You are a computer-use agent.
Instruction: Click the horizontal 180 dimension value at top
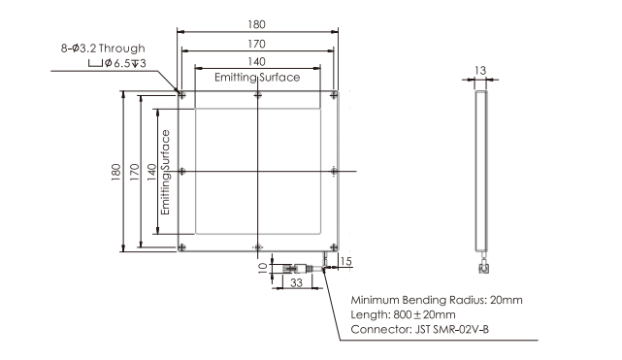pyautogui.click(x=256, y=24)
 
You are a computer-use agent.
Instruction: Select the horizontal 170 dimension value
pyautogui.click(x=256, y=44)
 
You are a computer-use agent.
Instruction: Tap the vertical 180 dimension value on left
pyautogui.click(x=115, y=172)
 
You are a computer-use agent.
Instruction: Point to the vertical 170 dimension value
pyautogui.click(x=135, y=172)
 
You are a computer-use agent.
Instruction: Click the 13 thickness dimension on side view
pyautogui.click(x=480, y=71)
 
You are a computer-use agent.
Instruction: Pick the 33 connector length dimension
pyautogui.click(x=296, y=282)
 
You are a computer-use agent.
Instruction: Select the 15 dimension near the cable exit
pyautogui.click(x=345, y=261)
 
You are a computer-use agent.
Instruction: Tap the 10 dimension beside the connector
pyautogui.click(x=263, y=268)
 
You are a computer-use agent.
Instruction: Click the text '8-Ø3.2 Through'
pyautogui.click(x=103, y=49)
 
